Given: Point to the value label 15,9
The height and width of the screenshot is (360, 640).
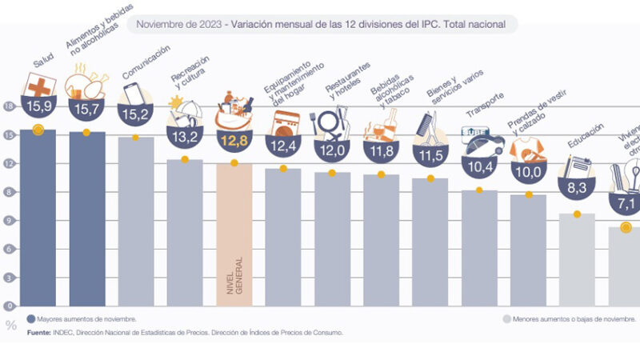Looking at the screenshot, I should pyautogui.click(x=38, y=106).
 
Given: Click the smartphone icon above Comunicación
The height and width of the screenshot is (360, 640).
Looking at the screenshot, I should pyautogui.click(x=134, y=94).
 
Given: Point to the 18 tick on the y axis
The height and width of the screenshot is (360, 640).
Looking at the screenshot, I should pyautogui.click(x=9, y=106).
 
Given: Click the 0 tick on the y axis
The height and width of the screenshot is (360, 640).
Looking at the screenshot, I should pyautogui.click(x=9, y=306).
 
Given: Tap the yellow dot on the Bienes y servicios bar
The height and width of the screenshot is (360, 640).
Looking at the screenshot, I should pyautogui.click(x=430, y=179).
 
